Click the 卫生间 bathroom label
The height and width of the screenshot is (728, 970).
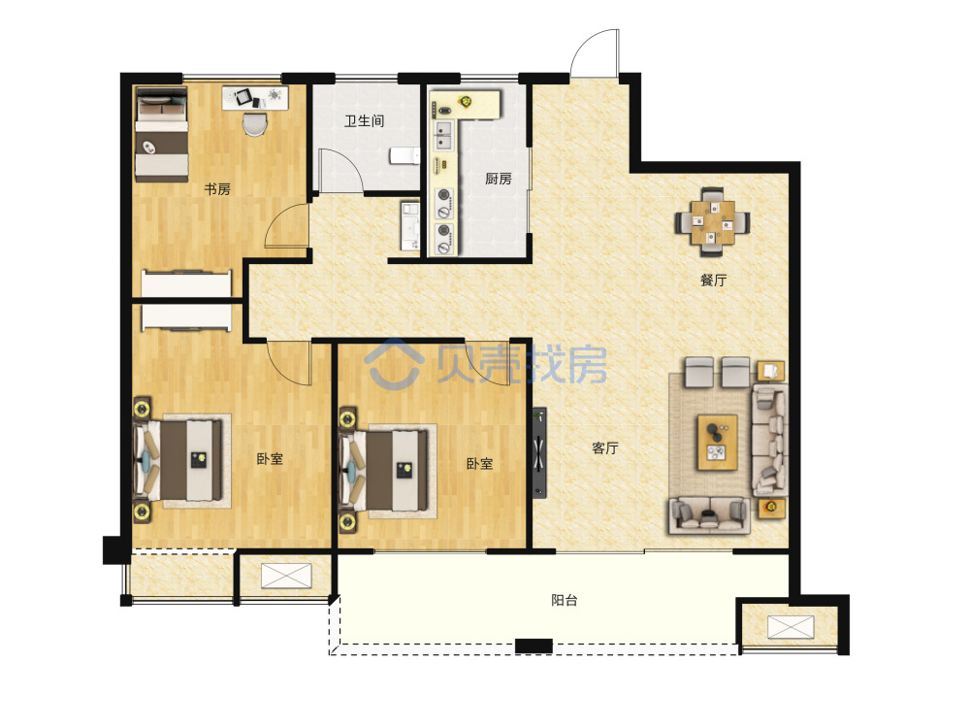pyautogui.click(x=365, y=120)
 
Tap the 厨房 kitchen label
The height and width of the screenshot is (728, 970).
pyautogui.click(x=498, y=179)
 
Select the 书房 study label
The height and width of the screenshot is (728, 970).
pyautogui.click(x=217, y=189)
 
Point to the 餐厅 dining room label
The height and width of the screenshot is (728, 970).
pyautogui.click(x=713, y=280)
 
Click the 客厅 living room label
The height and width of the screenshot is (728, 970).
pyautogui.click(x=604, y=447)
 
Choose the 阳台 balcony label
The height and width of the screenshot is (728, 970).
pyautogui.click(x=565, y=600)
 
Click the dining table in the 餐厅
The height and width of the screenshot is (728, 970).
pyautogui.click(x=713, y=221)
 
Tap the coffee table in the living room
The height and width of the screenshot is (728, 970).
pyautogui.click(x=718, y=442)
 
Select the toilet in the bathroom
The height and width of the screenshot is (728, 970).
pyautogui.click(x=404, y=155)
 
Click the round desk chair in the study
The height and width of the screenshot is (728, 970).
pyautogui.click(x=253, y=123)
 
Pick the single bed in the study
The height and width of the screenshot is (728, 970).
pyautogui.click(x=161, y=134)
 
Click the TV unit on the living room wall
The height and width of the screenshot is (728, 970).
pyautogui.click(x=540, y=452)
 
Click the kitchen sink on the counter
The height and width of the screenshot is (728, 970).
pyautogui.click(x=443, y=136)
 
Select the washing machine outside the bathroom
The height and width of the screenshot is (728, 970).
pyautogui.click(x=409, y=226)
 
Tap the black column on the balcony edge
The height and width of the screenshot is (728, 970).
pyautogui.click(x=533, y=645)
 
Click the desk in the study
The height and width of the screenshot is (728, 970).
pyautogui.click(x=255, y=98)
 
